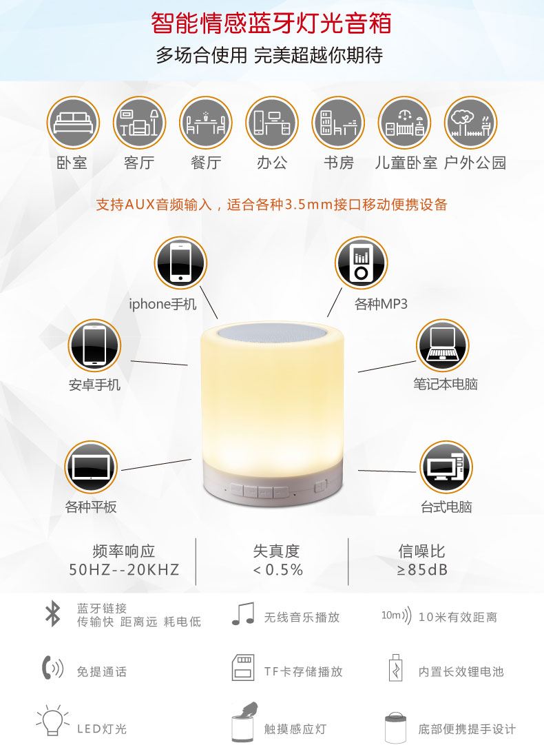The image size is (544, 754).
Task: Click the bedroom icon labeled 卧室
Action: pyautogui.click(x=73, y=123)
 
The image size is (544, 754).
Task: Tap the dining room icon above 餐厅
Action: pyautogui.click(x=206, y=123)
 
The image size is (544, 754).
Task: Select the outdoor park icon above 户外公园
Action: pyautogui.click(x=470, y=123)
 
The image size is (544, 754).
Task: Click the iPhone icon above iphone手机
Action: pyautogui.click(x=180, y=263)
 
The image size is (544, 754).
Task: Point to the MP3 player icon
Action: pyautogui.click(x=361, y=263)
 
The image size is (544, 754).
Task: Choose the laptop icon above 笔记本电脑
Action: pyautogui.click(x=442, y=345)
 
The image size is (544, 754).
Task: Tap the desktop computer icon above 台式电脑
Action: pyautogui.click(x=446, y=467)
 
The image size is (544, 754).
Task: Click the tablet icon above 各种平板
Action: pyautogui.click(x=91, y=467)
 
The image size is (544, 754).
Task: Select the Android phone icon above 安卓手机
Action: pyautogui.click(x=94, y=345)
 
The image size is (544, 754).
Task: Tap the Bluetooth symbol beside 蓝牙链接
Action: pyautogui.click(x=52, y=614)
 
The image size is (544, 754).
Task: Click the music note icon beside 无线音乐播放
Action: pyautogui.click(x=243, y=613)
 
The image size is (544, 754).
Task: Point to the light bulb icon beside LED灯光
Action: pyautogui.click(x=52, y=720)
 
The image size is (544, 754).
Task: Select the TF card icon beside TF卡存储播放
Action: pyautogui.click(x=242, y=667)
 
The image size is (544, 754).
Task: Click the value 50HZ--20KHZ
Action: pyautogui.click(x=124, y=570)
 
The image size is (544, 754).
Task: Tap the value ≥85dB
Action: pyautogui.click(x=422, y=570)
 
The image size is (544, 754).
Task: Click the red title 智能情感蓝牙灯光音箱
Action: pyautogui.click(x=271, y=23)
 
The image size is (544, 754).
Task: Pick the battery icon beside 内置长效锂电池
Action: pyautogui.click(x=395, y=667)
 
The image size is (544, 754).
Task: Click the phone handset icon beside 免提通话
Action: pyautogui.click(x=52, y=667)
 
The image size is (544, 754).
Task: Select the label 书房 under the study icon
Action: pyautogui.click(x=338, y=163)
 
